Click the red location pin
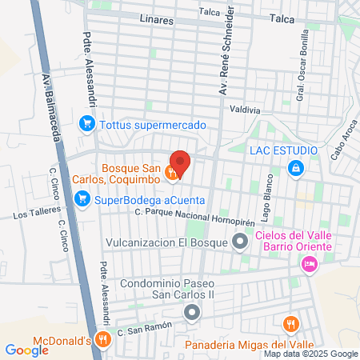[180, 162]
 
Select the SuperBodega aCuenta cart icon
[82, 200]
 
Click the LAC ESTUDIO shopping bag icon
[297, 167]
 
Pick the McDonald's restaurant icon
[102, 339]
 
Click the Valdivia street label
[245, 110]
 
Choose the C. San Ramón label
[140, 330]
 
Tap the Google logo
[26, 350]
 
